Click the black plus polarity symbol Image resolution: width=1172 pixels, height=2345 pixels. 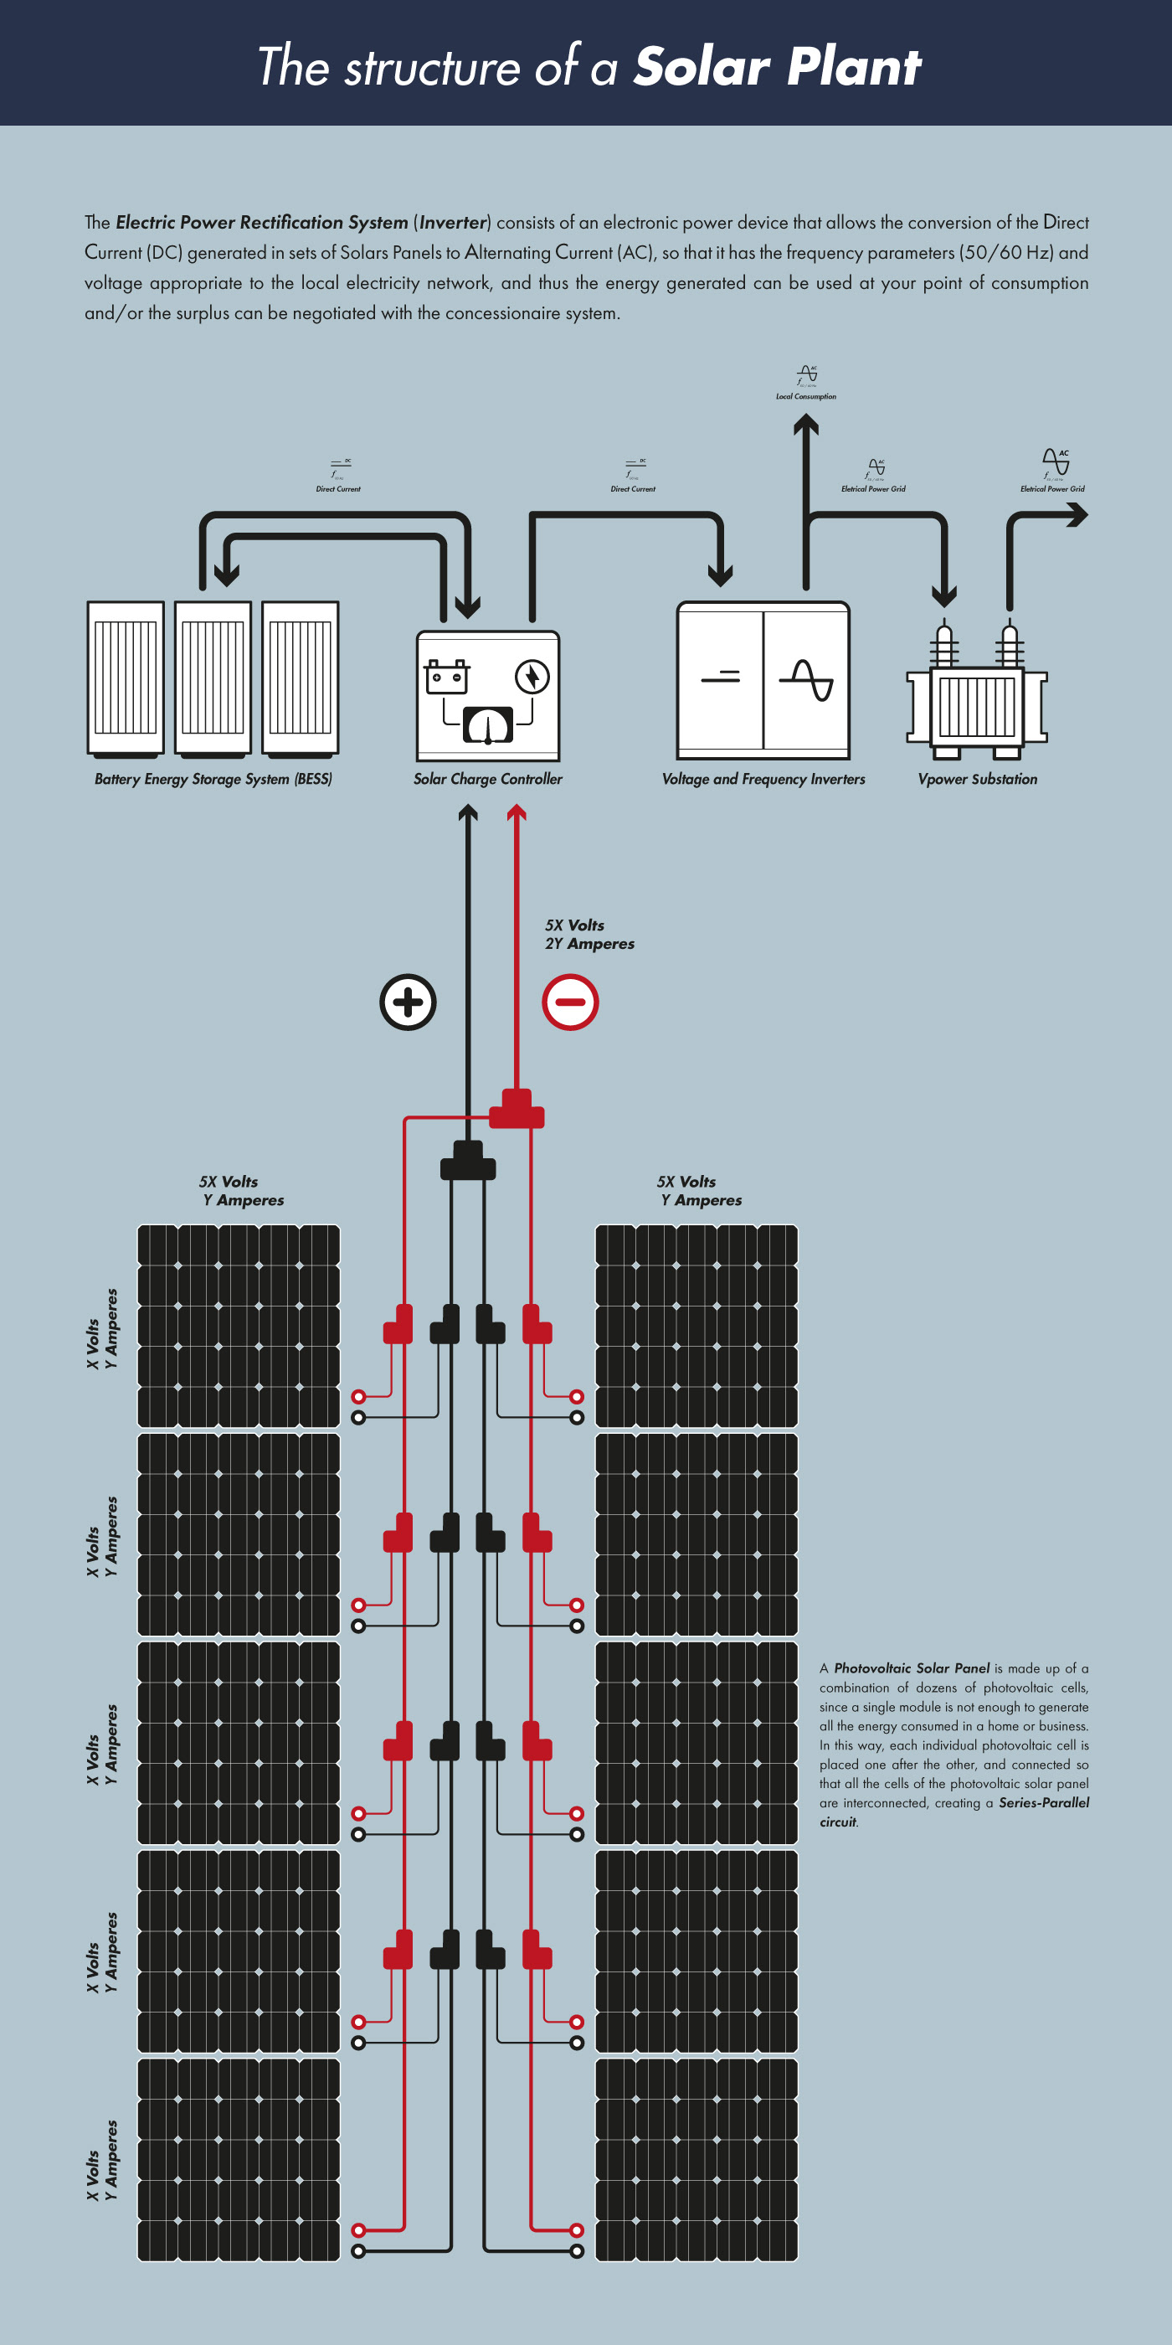click(408, 1002)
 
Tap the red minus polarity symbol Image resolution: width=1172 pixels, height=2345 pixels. click(571, 1002)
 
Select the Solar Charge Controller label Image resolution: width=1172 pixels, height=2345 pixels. click(488, 779)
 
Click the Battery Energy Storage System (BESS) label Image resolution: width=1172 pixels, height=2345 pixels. click(213, 779)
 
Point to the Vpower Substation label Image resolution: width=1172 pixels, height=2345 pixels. click(977, 779)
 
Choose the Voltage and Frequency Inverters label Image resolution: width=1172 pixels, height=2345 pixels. click(763, 779)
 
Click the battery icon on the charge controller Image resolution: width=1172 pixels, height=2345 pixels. click(447, 678)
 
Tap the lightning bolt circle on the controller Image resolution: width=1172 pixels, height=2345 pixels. click(532, 677)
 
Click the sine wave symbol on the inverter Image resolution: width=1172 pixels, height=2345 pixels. click(806, 679)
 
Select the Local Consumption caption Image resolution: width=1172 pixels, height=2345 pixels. click(806, 397)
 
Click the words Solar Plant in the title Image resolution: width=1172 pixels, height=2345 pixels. click(778, 67)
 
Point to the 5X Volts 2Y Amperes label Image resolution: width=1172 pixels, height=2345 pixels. click(589, 935)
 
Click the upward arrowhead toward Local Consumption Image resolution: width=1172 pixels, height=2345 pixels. click(805, 425)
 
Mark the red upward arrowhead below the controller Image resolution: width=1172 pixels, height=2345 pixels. click(517, 813)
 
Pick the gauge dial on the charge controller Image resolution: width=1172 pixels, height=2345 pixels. click(488, 724)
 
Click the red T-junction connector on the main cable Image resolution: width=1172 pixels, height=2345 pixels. click(517, 1111)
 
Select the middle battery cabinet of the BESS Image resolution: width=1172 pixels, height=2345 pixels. click(213, 678)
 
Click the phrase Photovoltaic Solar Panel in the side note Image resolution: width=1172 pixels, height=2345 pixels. click(912, 1668)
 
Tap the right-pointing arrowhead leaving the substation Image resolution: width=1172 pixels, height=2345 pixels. click(1078, 515)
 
